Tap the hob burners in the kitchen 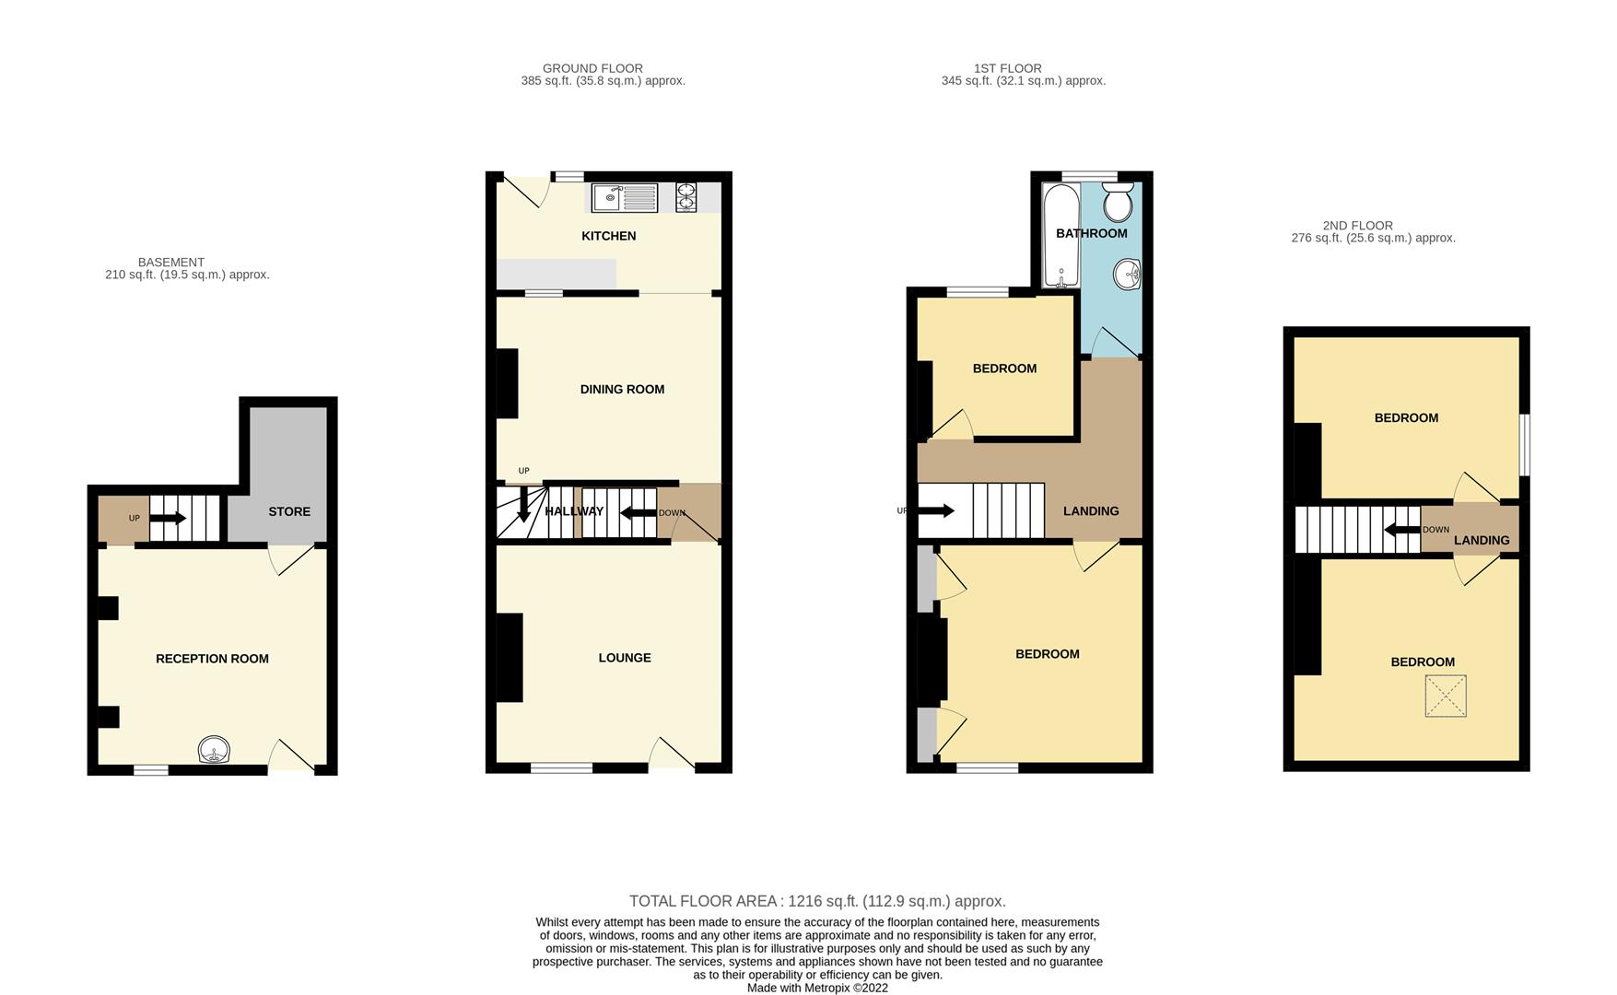pyautogui.click(x=686, y=198)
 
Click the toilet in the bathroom pyautogui.click(x=1118, y=202)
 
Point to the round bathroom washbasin pyautogui.click(x=1127, y=274)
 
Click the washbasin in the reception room pyautogui.click(x=214, y=751)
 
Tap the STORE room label pyautogui.click(x=289, y=511)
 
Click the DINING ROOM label pyautogui.click(x=622, y=389)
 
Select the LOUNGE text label pyautogui.click(x=625, y=658)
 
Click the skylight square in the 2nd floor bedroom pyautogui.click(x=1445, y=696)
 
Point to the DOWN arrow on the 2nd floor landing pyautogui.click(x=1402, y=530)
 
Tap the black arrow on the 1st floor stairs pyautogui.click(x=936, y=510)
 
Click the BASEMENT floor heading pyautogui.click(x=171, y=263)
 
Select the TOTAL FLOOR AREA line pyautogui.click(x=817, y=901)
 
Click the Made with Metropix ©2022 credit pyautogui.click(x=817, y=988)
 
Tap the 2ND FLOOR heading pyautogui.click(x=1357, y=226)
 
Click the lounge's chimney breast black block pyautogui.click(x=510, y=658)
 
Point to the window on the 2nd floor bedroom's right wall pyautogui.click(x=1525, y=444)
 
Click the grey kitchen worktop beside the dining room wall pyautogui.click(x=556, y=275)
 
